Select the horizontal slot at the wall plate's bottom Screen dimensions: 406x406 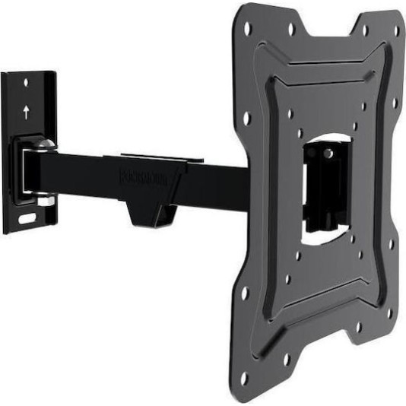tap(27, 219)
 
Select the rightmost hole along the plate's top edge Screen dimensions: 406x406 tap(395, 31)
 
